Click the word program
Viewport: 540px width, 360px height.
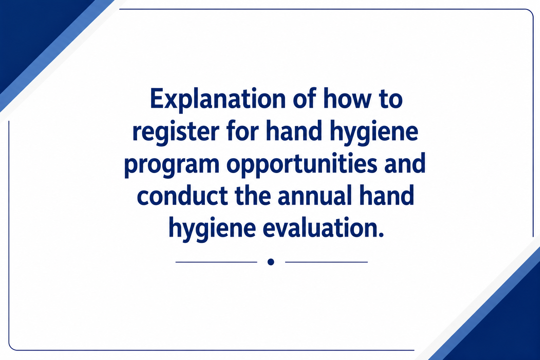click(x=172, y=166)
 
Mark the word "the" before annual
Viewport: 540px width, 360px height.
click(x=253, y=195)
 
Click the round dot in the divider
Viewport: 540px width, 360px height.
click(x=271, y=262)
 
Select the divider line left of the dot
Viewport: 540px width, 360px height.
click(x=216, y=262)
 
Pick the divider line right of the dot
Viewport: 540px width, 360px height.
click(x=326, y=262)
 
